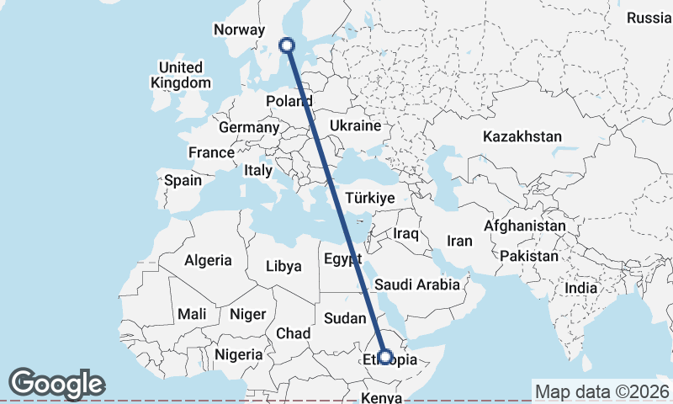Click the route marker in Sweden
click(288, 45)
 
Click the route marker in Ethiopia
click(385, 357)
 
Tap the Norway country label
click(240, 30)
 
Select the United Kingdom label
click(181, 75)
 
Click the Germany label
click(248, 127)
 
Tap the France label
click(211, 152)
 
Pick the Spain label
click(183, 179)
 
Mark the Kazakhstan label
click(522, 136)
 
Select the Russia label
click(649, 18)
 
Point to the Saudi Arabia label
click(417, 284)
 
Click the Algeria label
click(208, 260)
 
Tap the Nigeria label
click(238, 354)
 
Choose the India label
click(580, 288)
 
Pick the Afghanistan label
click(524, 226)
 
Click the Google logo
click(56, 384)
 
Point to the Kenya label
click(382, 397)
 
